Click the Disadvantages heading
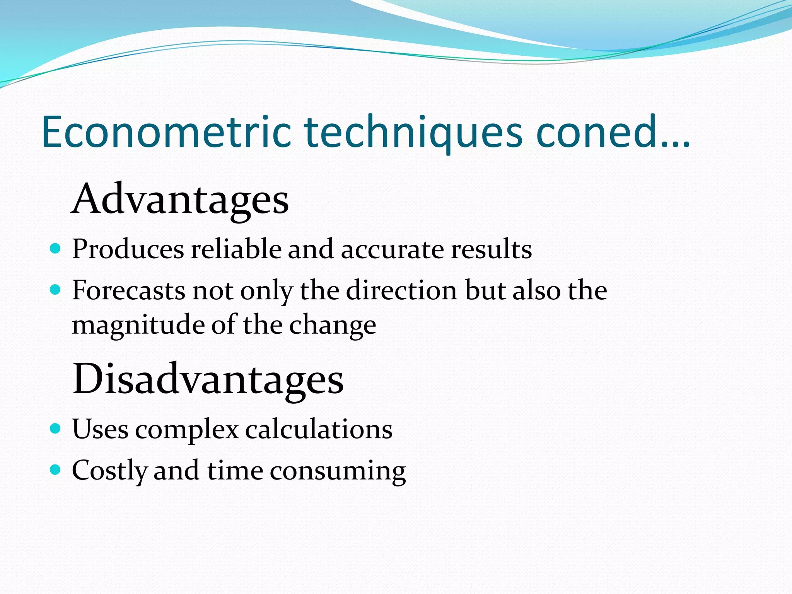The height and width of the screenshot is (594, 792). [x=208, y=379]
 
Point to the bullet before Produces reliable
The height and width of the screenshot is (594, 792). [x=56, y=248]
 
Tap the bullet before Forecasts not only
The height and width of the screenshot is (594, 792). [x=56, y=290]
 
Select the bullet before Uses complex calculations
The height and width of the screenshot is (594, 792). [x=56, y=428]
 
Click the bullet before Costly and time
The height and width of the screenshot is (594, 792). [x=56, y=470]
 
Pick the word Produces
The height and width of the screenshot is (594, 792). [x=128, y=249]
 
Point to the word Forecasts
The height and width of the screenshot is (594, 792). [x=128, y=290]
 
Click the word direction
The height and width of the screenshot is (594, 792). [x=401, y=290]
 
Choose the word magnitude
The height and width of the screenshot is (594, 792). [x=138, y=326]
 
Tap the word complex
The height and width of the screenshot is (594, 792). [x=187, y=430]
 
